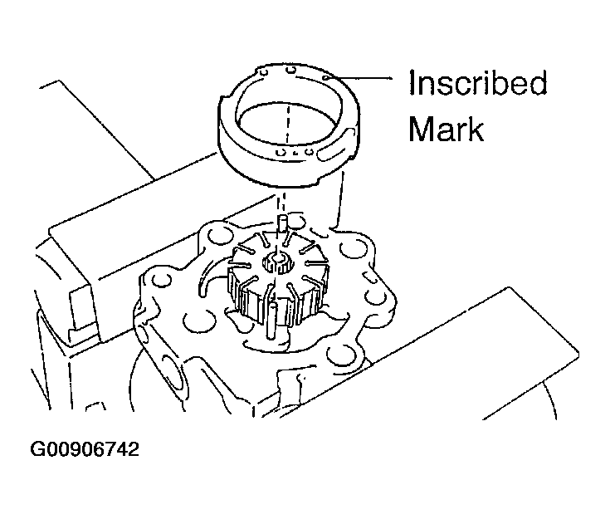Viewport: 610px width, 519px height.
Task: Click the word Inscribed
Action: (x=478, y=82)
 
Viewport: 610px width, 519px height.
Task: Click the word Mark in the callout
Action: (x=446, y=129)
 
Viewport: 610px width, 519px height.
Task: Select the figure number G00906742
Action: (x=85, y=450)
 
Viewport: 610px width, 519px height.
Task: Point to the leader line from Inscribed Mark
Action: (x=361, y=78)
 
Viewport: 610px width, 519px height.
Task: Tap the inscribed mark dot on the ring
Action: (x=326, y=78)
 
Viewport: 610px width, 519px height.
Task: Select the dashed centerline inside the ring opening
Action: (x=288, y=124)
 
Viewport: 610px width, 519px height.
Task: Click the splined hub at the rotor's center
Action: (x=276, y=262)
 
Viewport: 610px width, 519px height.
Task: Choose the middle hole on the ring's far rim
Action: (x=290, y=70)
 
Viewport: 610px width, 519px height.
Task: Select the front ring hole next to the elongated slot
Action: (x=310, y=151)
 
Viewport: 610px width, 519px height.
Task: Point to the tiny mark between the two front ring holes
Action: (x=295, y=152)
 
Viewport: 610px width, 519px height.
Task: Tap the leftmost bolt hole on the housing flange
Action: (x=160, y=282)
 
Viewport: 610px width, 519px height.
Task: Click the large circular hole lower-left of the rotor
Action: (x=199, y=321)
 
